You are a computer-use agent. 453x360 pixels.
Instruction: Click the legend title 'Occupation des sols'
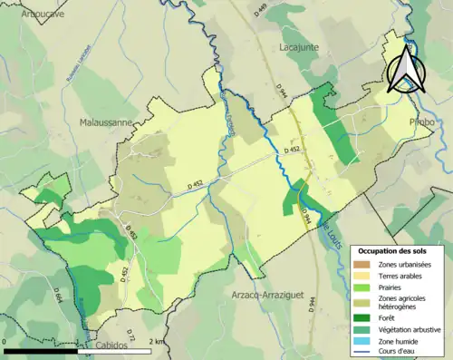click(392, 249)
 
